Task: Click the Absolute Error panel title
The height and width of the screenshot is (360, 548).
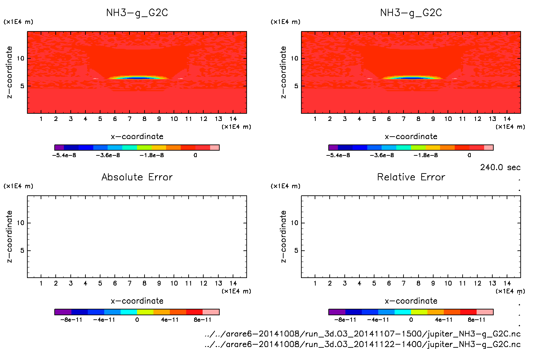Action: point(137,177)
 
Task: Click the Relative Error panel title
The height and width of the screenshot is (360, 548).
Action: point(411,177)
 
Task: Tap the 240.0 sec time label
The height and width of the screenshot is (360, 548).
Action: point(500,167)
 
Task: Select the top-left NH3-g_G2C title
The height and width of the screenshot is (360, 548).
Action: point(137,13)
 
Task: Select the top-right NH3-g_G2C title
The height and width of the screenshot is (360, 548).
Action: point(411,13)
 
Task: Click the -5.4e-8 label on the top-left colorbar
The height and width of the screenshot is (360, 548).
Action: point(64,155)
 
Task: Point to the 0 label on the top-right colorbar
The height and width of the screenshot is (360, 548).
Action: point(469,155)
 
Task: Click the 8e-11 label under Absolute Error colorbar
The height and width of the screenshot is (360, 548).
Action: point(203,320)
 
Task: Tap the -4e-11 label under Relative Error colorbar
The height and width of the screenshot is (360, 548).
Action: point(378,320)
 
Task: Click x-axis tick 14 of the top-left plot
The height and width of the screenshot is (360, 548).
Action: point(233,119)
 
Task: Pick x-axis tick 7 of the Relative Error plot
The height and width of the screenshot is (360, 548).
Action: point(403,283)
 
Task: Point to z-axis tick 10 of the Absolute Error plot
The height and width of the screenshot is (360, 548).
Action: point(20,223)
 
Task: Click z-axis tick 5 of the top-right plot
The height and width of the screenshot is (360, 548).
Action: point(296,86)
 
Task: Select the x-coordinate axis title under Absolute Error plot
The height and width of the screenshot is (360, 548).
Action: point(137,301)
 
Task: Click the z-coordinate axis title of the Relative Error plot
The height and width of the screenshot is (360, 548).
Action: point(283,236)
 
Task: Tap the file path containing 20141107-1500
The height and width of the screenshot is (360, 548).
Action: point(362,334)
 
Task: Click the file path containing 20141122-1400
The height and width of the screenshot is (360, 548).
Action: point(362,344)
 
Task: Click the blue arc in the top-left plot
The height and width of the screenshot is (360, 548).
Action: point(138,78)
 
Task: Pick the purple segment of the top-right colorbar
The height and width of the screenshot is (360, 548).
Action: point(333,148)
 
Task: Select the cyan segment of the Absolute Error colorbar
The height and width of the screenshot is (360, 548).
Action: point(129,312)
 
